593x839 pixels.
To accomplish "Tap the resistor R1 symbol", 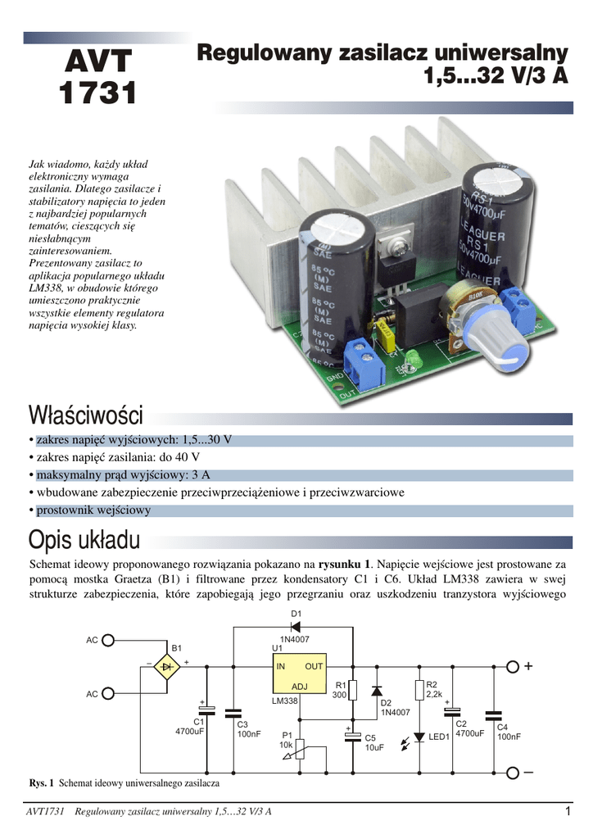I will (x=353, y=690).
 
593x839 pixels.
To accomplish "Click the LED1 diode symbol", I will (x=419, y=737).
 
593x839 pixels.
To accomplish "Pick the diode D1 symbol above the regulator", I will (x=296, y=626).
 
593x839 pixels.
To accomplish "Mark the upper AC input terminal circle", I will (x=116, y=640).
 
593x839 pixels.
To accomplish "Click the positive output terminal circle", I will (x=513, y=667).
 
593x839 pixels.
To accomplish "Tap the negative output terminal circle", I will (x=513, y=773).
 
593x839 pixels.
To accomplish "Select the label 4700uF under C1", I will (x=191, y=731).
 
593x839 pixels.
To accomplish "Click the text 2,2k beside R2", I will (x=435, y=695).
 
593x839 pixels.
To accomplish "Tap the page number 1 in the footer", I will (x=566, y=811).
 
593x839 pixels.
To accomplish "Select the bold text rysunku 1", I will (x=344, y=564).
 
